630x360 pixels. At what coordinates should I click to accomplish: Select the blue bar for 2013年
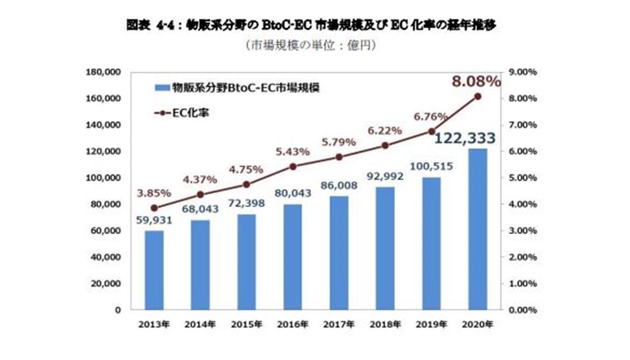click(154, 270)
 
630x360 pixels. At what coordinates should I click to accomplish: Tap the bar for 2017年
click(339, 252)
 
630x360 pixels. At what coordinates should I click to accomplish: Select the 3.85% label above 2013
click(154, 193)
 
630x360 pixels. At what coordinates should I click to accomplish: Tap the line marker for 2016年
click(293, 167)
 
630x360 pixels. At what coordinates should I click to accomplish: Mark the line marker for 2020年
click(477, 96)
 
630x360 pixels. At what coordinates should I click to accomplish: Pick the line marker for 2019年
click(431, 131)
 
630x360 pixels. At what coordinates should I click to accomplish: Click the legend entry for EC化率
click(186, 113)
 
